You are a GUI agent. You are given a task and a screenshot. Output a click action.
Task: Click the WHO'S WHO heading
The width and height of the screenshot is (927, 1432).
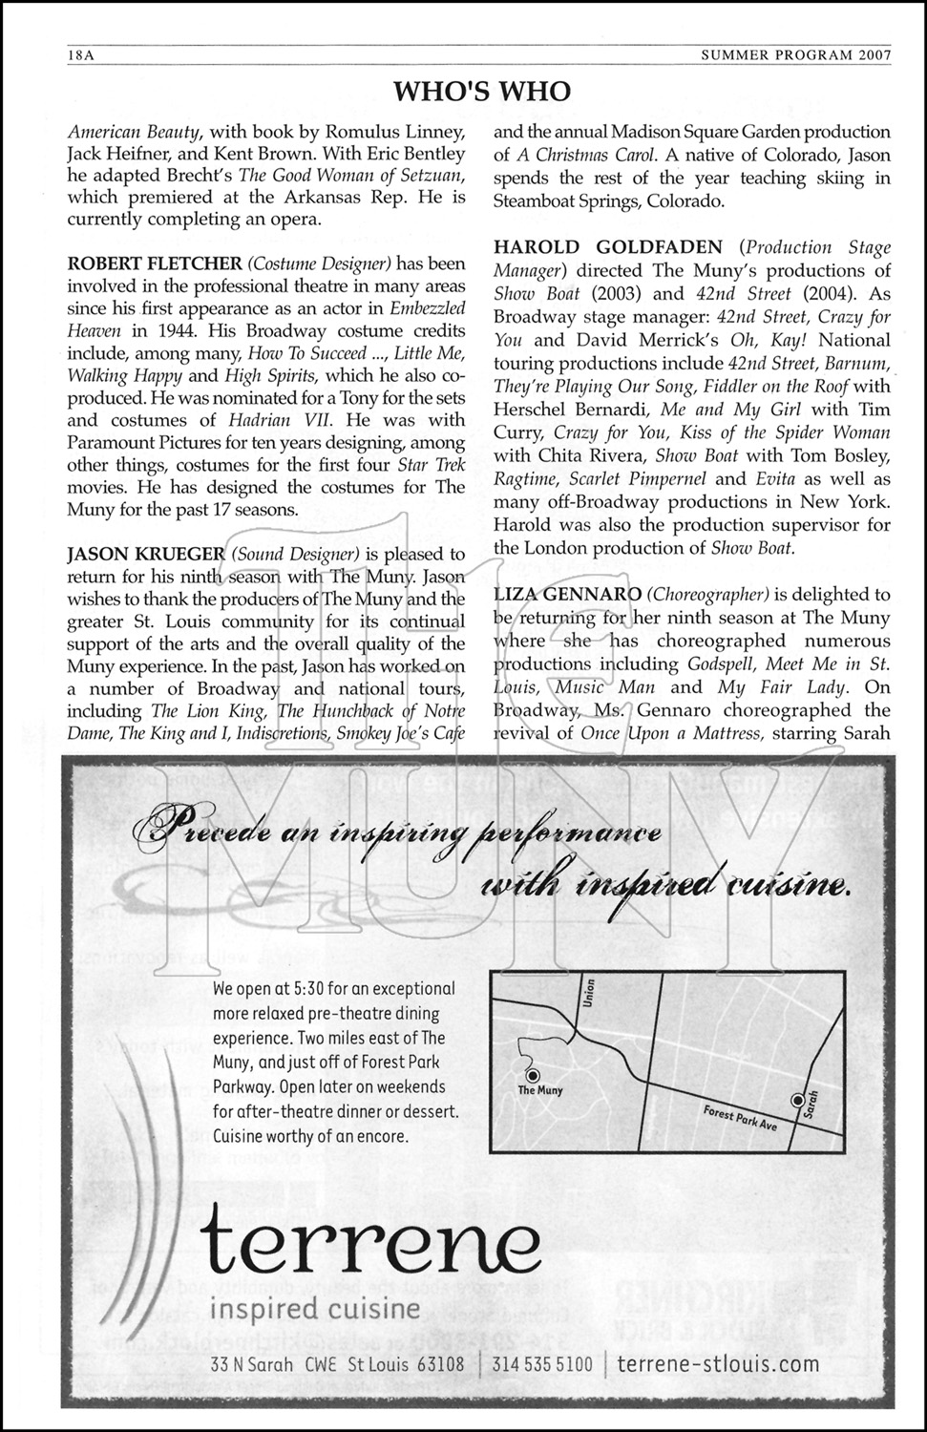(x=482, y=91)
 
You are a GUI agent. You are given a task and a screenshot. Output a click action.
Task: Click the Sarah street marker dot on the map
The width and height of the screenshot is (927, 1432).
(x=798, y=1100)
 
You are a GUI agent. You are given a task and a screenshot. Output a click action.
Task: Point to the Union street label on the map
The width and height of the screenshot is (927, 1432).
(x=588, y=998)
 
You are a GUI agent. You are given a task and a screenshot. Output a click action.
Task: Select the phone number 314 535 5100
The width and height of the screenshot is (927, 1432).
(x=541, y=1365)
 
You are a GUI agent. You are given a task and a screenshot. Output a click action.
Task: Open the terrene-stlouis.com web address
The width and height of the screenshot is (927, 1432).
(x=718, y=1365)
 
